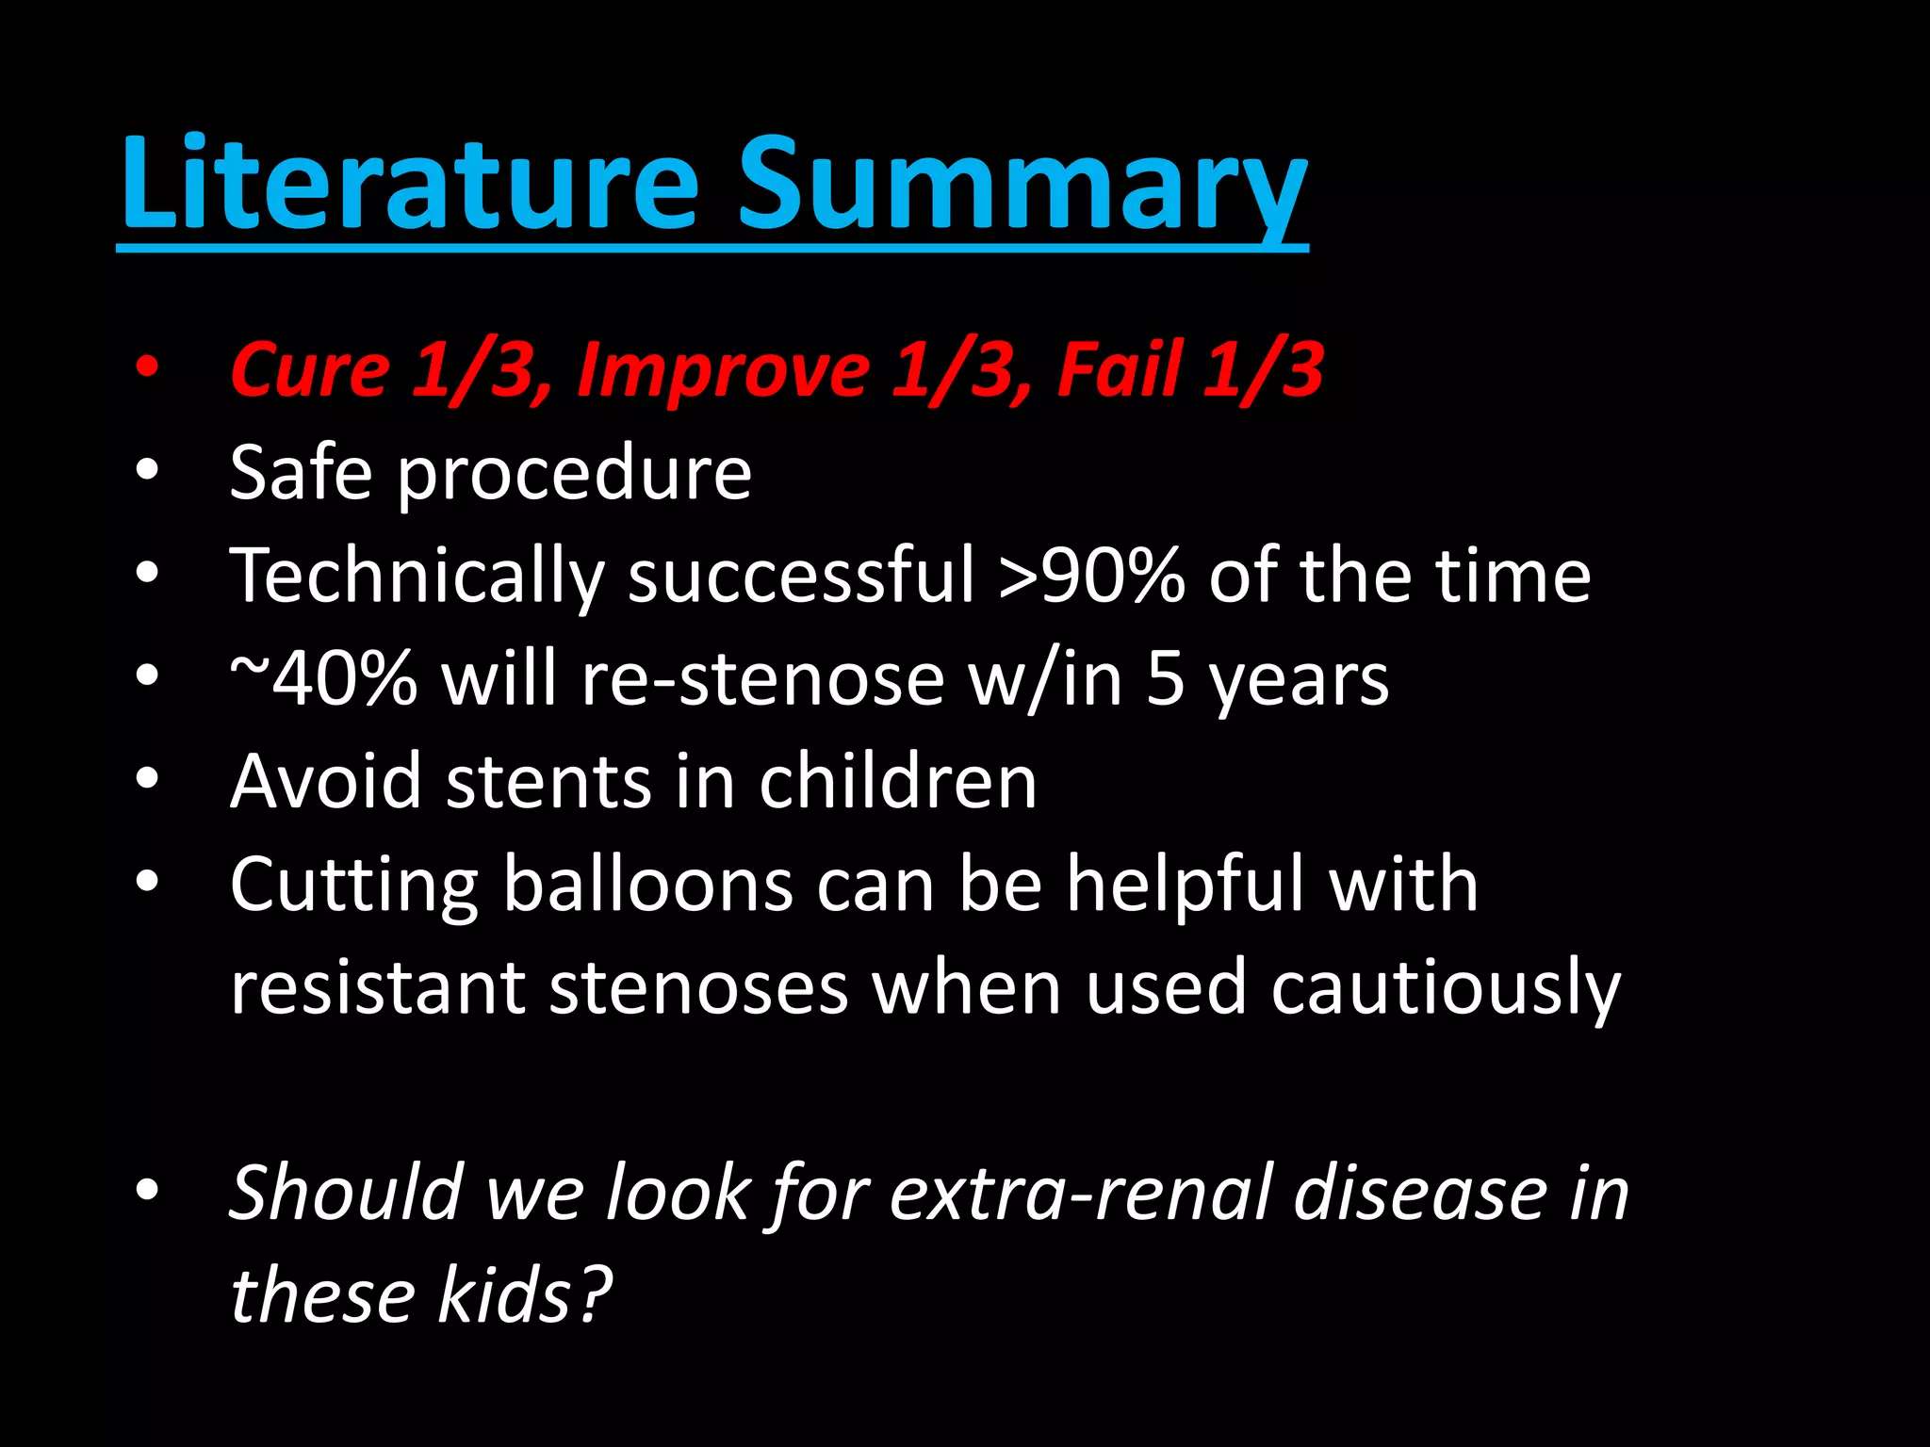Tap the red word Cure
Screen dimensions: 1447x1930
[x=310, y=369]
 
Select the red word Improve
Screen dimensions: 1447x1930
[x=723, y=369]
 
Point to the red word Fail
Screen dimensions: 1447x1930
[x=1120, y=369]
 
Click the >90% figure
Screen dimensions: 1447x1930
[x=1091, y=576]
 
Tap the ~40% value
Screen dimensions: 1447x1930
[x=323, y=678]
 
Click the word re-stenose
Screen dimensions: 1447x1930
[x=762, y=678]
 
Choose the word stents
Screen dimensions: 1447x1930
[x=548, y=782]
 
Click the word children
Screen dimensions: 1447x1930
[x=898, y=782]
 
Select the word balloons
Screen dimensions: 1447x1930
[x=648, y=885]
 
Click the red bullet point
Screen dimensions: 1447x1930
[x=147, y=367]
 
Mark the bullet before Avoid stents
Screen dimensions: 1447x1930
[x=147, y=779]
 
